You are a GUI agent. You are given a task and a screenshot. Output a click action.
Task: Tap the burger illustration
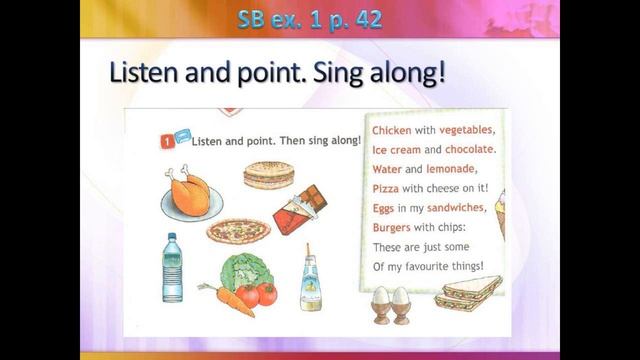[x=268, y=176]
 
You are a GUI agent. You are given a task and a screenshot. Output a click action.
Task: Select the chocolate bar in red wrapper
[x=301, y=209]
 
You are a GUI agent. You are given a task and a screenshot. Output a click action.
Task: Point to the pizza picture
[x=239, y=231]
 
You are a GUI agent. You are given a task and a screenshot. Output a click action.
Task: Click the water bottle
[x=172, y=267]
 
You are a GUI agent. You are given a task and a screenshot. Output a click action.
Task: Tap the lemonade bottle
[x=310, y=277]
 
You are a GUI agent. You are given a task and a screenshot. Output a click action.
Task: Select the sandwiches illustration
[x=468, y=295]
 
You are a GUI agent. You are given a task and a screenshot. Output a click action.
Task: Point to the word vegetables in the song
[x=467, y=131]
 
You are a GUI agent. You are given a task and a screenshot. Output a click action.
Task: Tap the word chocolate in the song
[x=465, y=150]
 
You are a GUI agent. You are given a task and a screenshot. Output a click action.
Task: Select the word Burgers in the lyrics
[x=394, y=227]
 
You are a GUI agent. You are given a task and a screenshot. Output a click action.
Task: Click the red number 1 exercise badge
[x=167, y=141]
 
